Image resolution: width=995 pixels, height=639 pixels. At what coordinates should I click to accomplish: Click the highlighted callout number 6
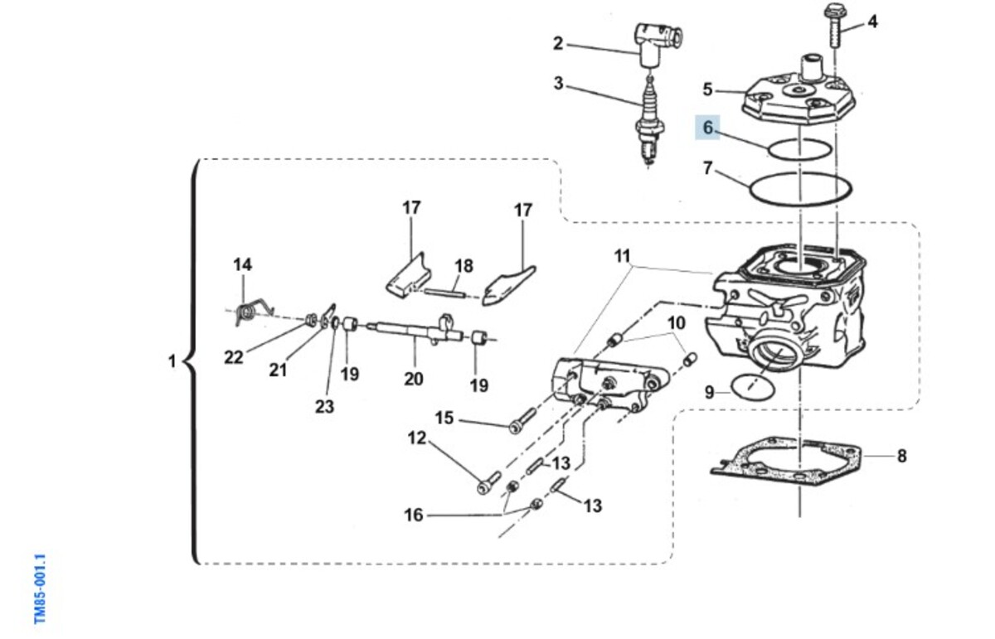click(x=707, y=128)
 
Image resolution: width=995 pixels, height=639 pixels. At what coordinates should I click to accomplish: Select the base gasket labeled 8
click(x=787, y=462)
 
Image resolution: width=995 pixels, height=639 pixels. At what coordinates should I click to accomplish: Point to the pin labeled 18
click(x=444, y=293)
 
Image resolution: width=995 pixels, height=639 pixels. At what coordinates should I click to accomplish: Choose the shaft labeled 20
click(x=415, y=331)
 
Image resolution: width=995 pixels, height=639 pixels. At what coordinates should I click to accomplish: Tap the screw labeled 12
click(x=488, y=482)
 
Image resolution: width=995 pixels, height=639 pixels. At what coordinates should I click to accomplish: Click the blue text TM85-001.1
click(x=40, y=588)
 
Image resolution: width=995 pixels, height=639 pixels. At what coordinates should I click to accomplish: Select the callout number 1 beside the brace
click(x=172, y=361)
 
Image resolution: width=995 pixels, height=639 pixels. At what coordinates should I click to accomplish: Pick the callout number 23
click(x=324, y=406)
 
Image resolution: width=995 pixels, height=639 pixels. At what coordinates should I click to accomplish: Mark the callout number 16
click(x=413, y=516)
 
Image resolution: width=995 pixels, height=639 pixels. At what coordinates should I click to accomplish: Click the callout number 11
click(x=623, y=256)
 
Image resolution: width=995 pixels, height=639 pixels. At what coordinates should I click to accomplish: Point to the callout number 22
click(x=234, y=357)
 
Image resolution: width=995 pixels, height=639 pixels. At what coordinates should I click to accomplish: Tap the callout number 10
click(x=677, y=323)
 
